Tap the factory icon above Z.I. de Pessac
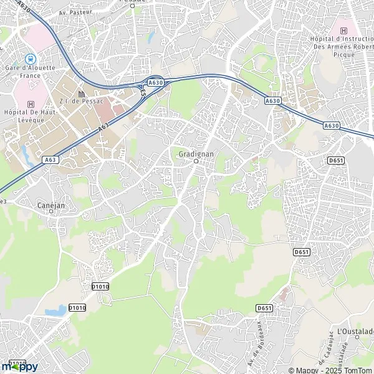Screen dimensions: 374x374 [x=81, y=93]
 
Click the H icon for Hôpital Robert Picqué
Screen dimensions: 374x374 [x=342, y=31]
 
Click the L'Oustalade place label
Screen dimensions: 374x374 [x=354, y=330]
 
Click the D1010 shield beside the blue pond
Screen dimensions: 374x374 [x=77, y=307]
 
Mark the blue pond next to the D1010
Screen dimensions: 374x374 [x=57, y=309]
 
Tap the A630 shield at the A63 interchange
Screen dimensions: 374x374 [x=156, y=82]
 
